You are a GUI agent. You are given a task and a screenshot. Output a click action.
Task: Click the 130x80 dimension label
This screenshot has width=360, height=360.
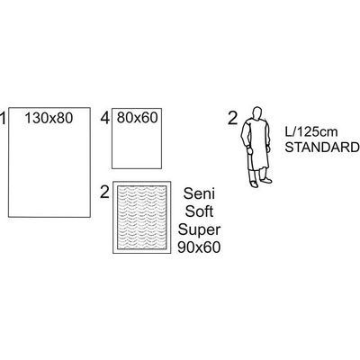[x=49, y=118]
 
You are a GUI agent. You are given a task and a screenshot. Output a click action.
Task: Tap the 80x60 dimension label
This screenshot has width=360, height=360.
[x=137, y=118]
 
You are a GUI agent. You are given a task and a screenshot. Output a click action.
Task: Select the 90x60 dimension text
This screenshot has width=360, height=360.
[x=199, y=247]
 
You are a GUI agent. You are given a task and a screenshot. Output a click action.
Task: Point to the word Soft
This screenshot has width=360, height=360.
[x=199, y=211]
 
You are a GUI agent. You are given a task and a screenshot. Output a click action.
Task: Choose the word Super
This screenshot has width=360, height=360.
[x=199, y=230]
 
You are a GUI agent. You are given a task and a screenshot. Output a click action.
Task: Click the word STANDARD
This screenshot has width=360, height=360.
[x=322, y=148]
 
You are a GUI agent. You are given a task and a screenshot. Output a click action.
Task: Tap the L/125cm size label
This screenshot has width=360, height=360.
[x=310, y=131]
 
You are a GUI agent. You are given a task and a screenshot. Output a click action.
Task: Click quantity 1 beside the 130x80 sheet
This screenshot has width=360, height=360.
[x=3, y=118]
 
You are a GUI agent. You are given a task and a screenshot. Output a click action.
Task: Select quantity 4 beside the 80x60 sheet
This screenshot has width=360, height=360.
[x=105, y=118]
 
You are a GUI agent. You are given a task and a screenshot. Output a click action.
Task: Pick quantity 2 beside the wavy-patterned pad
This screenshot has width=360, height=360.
[x=104, y=192]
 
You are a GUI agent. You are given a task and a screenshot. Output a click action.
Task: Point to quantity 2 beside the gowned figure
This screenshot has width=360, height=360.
[x=233, y=118]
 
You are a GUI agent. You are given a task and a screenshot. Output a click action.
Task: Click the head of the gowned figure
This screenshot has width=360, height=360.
[x=256, y=112]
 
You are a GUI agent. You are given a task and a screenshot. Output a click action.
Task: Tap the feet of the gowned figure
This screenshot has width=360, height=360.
[x=260, y=183]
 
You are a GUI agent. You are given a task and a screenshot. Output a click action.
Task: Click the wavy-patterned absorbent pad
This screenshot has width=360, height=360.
[x=142, y=217]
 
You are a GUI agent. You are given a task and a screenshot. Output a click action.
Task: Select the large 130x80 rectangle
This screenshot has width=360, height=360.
[x=49, y=162]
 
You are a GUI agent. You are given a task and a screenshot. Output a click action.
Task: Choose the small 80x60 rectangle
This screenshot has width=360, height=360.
[x=137, y=139]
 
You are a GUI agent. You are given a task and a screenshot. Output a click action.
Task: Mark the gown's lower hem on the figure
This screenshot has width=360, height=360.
[x=257, y=169]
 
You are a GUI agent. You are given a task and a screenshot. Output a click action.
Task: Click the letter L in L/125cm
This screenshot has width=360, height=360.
[x=287, y=131]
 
